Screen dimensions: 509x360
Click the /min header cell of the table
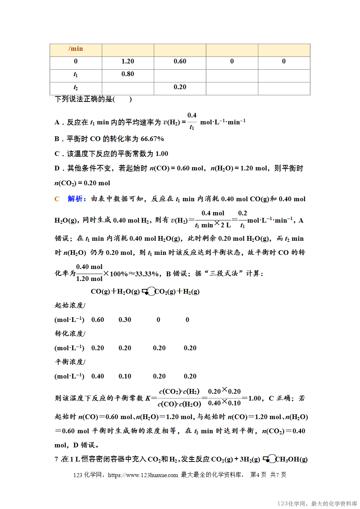(75, 49)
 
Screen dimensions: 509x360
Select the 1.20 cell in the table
(128, 62)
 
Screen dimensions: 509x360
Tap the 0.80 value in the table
(128, 74)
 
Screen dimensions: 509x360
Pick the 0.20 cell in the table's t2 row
(180, 87)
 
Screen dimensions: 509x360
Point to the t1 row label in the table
(75, 75)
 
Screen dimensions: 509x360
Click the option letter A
(57, 123)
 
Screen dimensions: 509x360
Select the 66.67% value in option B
(152, 139)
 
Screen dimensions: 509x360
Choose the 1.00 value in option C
(162, 154)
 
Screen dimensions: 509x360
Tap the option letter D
(57, 168)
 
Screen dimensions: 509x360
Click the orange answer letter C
(57, 199)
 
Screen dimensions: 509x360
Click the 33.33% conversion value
(147, 274)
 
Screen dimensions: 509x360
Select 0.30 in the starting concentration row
(125, 320)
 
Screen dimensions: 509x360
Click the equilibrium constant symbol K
(148, 398)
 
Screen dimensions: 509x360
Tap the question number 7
(56, 459)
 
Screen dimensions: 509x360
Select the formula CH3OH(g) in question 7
(291, 459)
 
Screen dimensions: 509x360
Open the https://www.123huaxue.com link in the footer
(143, 475)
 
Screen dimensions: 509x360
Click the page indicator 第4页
(258, 475)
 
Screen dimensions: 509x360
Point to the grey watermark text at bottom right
(317, 504)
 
